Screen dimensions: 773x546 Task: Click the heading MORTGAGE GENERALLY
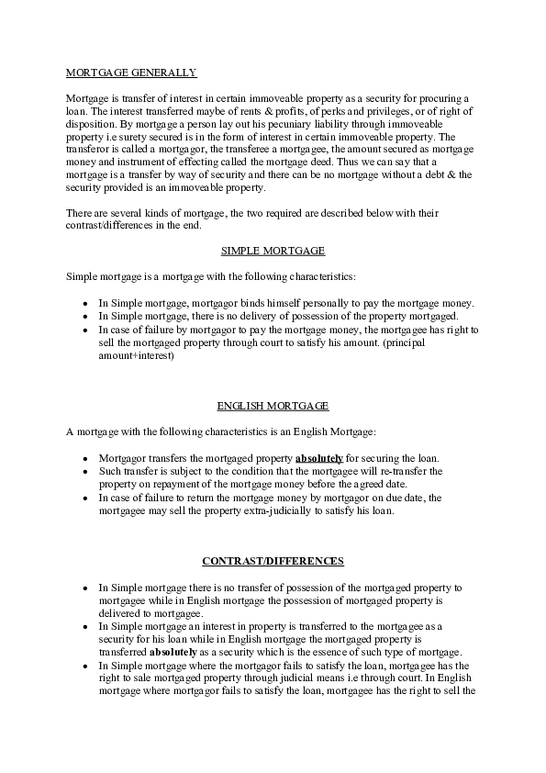[x=131, y=71]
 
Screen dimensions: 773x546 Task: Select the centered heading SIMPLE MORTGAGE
[x=273, y=250]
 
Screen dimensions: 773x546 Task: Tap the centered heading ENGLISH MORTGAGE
[x=273, y=405]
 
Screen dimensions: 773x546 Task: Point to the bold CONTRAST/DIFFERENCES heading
[x=273, y=560]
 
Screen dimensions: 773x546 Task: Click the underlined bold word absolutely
[x=319, y=457]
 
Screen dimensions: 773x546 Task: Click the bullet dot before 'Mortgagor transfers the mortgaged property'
[x=84, y=458]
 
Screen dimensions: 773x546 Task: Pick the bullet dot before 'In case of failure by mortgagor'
[x=84, y=330]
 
